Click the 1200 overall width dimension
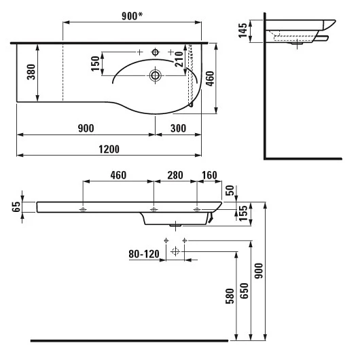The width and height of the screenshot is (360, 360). pos(109,149)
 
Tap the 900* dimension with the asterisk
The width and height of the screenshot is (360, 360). pos(132,16)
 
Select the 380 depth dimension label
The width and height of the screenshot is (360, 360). pos(31,72)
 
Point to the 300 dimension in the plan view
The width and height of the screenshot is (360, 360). pos(179,128)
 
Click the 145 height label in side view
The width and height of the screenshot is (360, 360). pos(243,31)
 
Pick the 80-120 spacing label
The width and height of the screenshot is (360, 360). pos(144,254)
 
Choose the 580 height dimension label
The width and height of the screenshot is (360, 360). pos(230,296)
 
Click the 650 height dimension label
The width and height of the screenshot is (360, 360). pos(245,291)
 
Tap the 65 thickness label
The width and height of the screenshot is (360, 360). pos(17,207)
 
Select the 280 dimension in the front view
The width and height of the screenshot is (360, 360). pos(175,175)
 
